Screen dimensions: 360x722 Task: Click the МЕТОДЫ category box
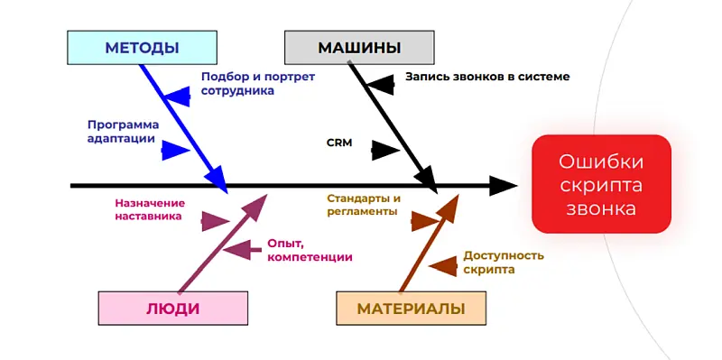[x=142, y=48]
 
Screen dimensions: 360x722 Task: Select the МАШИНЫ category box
[x=359, y=48]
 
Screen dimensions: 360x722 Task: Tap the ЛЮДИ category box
[x=172, y=309]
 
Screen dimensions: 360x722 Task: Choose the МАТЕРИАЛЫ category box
[x=411, y=309]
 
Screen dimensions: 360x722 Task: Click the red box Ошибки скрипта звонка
[x=601, y=185]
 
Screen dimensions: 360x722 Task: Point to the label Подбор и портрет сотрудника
[x=257, y=84]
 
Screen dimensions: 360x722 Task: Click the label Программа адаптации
[x=123, y=132]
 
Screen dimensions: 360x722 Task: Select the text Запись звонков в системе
[x=487, y=77]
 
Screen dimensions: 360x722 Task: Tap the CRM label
[x=339, y=143]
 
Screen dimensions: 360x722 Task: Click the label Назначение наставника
[x=150, y=209]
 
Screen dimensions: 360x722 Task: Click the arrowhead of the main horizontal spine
[x=504, y=186]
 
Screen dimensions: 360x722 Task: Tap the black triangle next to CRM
[x=385, y=151]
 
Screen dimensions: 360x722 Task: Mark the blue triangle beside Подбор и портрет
[x=177, y=95]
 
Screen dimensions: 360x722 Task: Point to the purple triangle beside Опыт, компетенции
[x=236, y=248]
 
